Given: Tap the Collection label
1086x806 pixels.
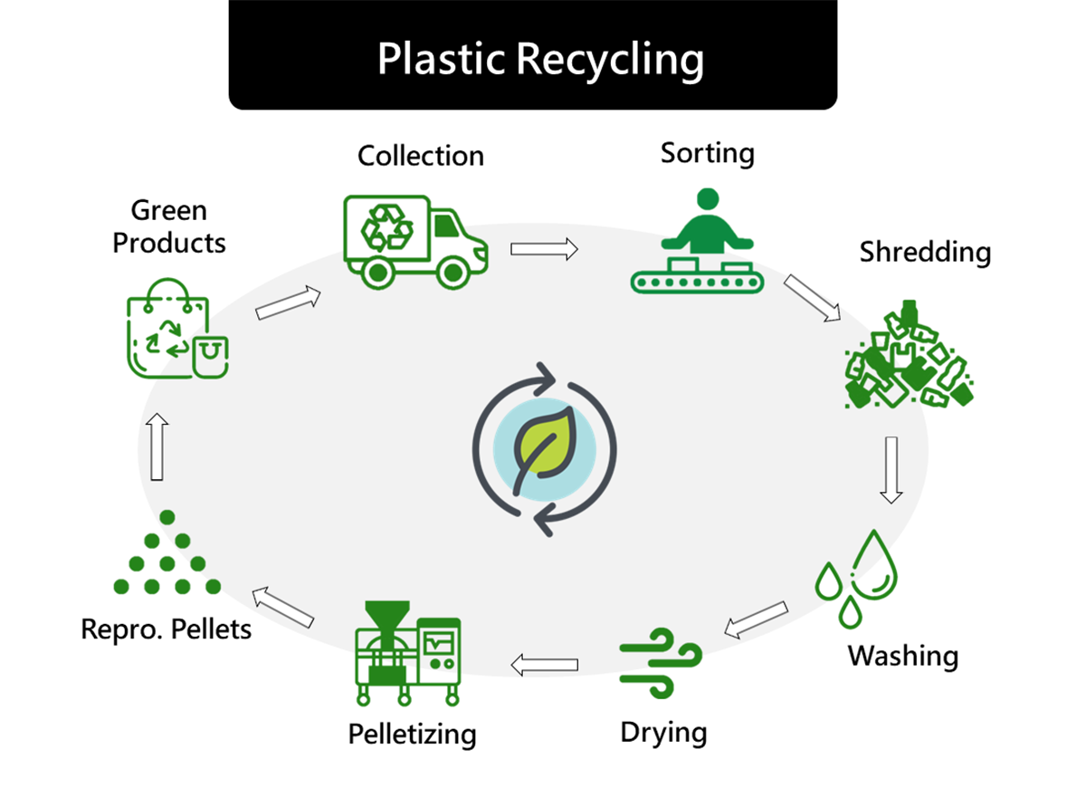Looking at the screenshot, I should click(x=421, y=156).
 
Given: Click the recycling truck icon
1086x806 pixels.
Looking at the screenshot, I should click(x=414, y=239).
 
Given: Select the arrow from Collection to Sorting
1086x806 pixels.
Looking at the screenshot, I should click(x=544, y=249).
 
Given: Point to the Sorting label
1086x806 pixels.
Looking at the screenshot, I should click(x=707, y=153).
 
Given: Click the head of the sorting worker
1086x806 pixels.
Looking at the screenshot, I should click(x=708, y=199).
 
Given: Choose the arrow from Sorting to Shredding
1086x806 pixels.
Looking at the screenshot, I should click(x=811, y=298).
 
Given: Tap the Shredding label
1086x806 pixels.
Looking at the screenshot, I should click(x=925, y=252).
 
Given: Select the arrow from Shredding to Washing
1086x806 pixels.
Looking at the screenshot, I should click(x=891, y=469).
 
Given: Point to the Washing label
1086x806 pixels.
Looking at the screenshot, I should click(x=902, y=655).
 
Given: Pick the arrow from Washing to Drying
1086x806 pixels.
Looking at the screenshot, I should click(x=756, y=618).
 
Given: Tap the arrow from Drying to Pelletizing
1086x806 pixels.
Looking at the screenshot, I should click(x=544, y=666).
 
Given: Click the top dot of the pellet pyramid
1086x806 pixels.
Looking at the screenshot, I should click(x=167, y=517).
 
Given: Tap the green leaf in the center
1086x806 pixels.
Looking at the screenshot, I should click(x=543, y=448).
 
